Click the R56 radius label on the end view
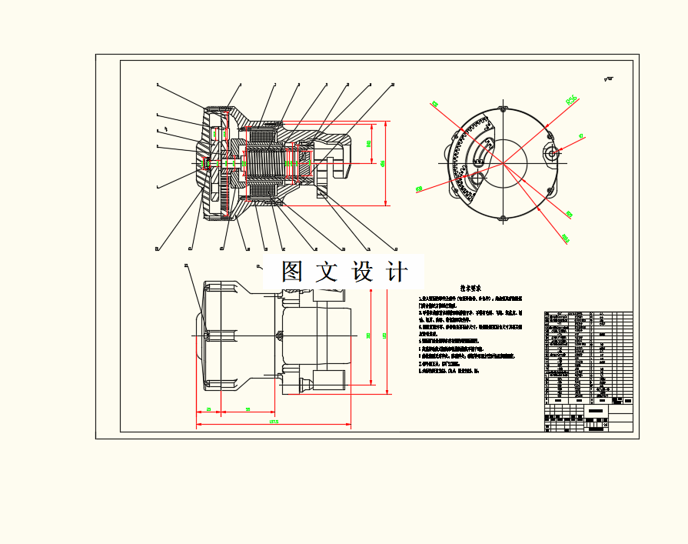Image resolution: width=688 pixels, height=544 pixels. click(x=571, y=99)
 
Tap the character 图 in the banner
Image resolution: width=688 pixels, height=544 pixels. click(x=291, y=272)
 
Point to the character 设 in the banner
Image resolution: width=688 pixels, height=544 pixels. click(x=361, y=272)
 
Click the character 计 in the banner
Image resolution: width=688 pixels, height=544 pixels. click(x=397, y=272)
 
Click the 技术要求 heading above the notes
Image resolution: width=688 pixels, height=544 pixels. click(x=471, y=288)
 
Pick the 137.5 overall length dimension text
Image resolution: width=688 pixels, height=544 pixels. click(x=273, y=422)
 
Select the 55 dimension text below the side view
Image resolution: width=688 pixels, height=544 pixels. click(x=248, y=409)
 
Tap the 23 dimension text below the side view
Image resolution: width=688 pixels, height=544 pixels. click(x=209, y=409)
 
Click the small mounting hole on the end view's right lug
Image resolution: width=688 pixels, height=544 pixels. click(x=551, y=152)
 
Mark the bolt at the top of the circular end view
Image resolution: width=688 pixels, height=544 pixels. click(x=504, y=108)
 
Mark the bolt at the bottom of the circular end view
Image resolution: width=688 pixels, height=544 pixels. click(x=504, y=219)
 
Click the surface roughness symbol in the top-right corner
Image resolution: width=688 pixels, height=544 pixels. click(x=609, y=78)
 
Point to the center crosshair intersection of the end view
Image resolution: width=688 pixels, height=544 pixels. click(x=504, y=163)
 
